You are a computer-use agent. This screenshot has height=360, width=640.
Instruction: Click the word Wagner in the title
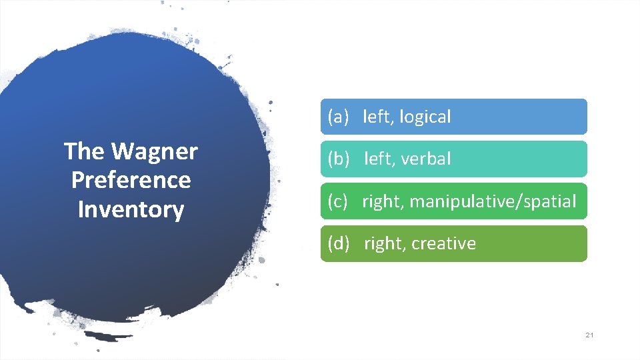click(x=155, y=152)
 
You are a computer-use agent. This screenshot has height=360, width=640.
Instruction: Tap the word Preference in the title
click(x=131, y=180)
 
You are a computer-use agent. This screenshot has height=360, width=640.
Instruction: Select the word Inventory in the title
click(x=131, y=209)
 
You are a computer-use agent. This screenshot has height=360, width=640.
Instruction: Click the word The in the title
click(x=84, y=152)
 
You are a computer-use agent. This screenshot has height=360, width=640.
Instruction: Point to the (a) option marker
click(x=338, y=117)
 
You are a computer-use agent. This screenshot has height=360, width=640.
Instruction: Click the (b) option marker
click(x=338, y=159)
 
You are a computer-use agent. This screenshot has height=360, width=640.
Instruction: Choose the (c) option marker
click(x=338, y=201)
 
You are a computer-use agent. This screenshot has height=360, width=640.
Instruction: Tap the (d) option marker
click(x=338, y=243)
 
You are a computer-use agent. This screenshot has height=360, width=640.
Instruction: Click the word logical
click(x=425, y=117)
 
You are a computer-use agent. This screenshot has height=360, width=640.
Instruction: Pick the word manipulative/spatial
click(x=493, y=201)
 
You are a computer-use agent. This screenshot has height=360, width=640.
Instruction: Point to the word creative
click(x=443, y=243)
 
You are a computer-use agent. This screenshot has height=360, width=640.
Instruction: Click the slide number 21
click(x=589, y=335)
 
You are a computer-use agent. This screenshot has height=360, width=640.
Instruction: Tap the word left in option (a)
click(x=377, y=117)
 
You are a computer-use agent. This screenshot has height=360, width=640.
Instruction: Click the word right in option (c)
click(x=382, y=201)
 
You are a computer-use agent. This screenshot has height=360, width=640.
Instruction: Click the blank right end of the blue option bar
click(x=533, y=117)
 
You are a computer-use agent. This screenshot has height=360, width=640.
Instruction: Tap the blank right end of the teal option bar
click(x=533, y=159)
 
